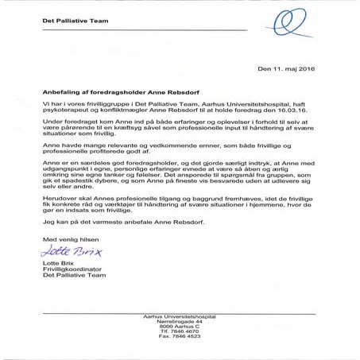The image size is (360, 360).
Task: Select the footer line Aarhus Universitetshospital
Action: click(180, 316)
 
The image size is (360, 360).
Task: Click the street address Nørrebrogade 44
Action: click(180, 322)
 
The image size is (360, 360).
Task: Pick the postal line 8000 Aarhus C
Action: click(180, 327)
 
